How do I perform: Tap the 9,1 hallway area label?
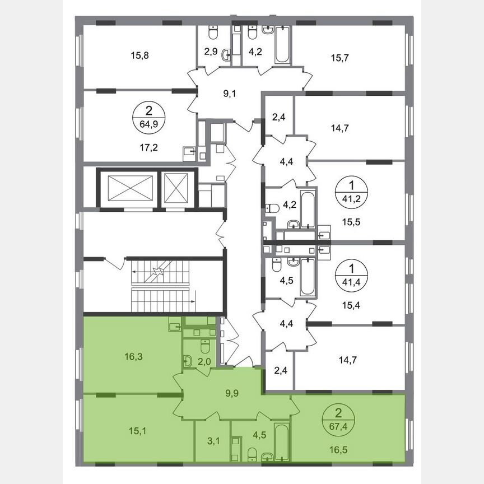(x=230, y=94)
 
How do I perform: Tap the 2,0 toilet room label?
(x=204, y=361)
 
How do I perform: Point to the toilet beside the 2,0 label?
(x=189, y=361)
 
